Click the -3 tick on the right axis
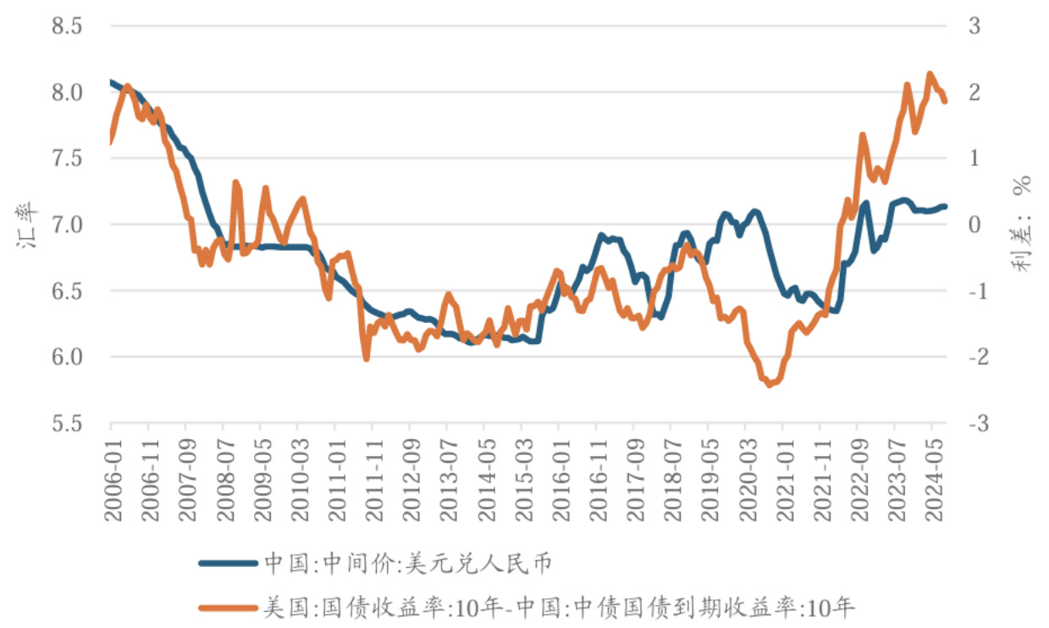[x=974, y=423]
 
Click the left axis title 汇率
[x=25, y=225]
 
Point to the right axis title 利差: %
[x=1023, y=225]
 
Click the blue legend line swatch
[x=228, y=563]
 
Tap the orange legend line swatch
[x=228, y=607]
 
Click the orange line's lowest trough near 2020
[x=769, y=385]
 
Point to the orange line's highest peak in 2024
[x=930, y=74]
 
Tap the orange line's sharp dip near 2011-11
[x=367, y=359]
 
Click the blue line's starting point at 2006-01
[x=111, y=81]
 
